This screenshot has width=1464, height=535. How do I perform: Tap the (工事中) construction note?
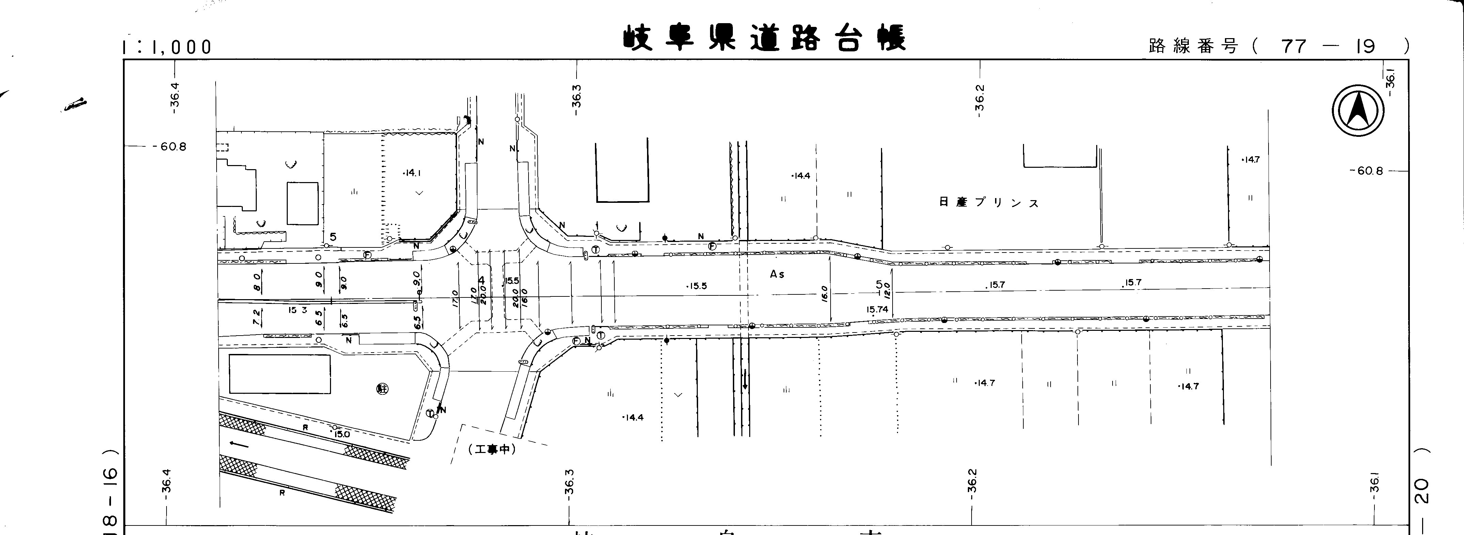click(x=492, y=449)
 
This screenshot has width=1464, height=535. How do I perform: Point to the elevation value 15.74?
click(x=877, y=309)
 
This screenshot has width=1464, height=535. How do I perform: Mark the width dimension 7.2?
click(x=256, y=317)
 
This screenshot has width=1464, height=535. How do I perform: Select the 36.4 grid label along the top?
click(x=175, y=95)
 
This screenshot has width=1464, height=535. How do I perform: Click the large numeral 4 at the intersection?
click(x=482, y=280)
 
